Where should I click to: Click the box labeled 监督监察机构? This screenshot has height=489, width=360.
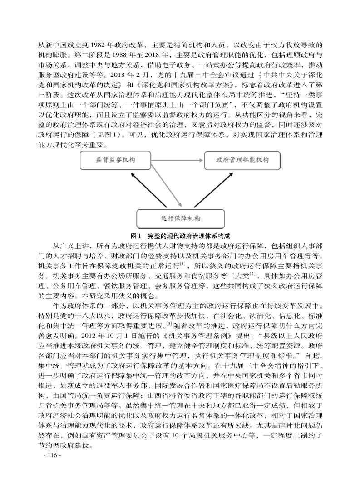pyautogui.click(x=116, y=160)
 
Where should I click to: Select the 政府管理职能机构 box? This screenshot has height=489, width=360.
pyautogui.click(x=242, y=160)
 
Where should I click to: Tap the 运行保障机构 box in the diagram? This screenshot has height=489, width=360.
pyautogui.click(x=180, y=218)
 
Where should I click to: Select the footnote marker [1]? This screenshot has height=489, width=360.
pyautogui.click(x=182, y=264)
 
